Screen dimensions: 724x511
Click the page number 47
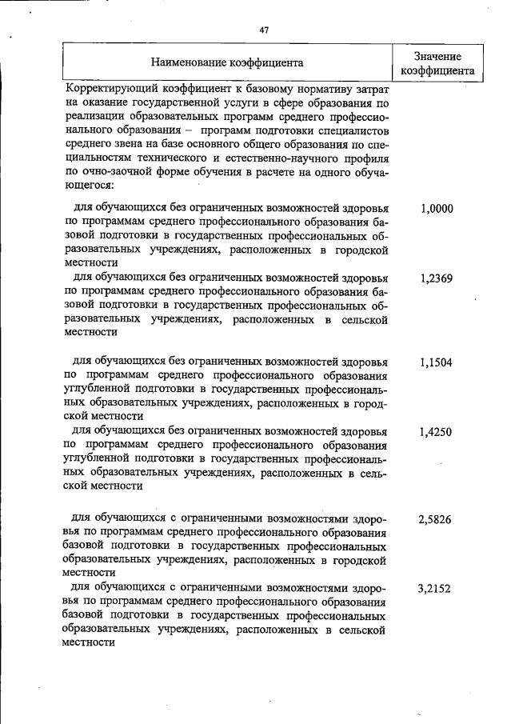(x=264, y=30)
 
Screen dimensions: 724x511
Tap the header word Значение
(x=437, y=55)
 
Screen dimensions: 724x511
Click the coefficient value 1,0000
(x=436, y=209)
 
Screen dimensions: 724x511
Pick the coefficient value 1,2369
(x=436, y=279)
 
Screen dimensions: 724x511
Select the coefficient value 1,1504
(x=436, y=362)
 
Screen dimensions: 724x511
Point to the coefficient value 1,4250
(x=436, y=432)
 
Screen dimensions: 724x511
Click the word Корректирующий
(x=111, y=89)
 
